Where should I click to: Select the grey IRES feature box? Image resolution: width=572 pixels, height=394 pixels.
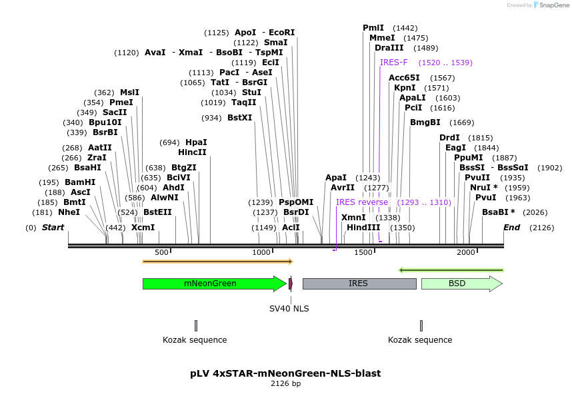tap(359, 284)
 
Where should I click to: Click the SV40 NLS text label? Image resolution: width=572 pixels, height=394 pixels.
tap(289, 308)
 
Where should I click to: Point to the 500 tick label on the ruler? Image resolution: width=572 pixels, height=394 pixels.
tap(161, 252)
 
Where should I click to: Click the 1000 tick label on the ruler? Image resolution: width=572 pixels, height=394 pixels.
tap(261, 252)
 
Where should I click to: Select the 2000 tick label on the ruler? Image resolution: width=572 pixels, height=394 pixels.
tap(466, 252)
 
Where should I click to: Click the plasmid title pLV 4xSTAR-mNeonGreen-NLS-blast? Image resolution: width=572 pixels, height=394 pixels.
tap(285, 373)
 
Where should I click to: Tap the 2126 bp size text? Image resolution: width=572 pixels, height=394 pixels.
tap(285, 384)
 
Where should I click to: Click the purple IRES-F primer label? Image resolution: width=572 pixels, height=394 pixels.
tap(393, 63)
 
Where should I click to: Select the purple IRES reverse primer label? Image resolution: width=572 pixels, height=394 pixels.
tap(362, 202)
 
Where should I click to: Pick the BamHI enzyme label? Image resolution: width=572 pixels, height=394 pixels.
tap(80, 182)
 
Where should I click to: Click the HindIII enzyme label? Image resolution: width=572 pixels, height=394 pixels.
tap(363, 228)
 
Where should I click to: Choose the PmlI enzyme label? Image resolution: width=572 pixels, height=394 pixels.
tap(373, 28)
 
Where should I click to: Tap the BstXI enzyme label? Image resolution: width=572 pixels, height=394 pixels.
tap(240, 118)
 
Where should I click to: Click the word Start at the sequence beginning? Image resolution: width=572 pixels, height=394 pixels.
tap(53, 228)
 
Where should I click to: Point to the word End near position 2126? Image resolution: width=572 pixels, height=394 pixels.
tap(511, 228)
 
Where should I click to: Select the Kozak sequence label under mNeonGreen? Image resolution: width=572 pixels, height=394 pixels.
tap(195, 340)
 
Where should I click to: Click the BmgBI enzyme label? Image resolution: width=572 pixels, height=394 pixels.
tap(425, 122)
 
